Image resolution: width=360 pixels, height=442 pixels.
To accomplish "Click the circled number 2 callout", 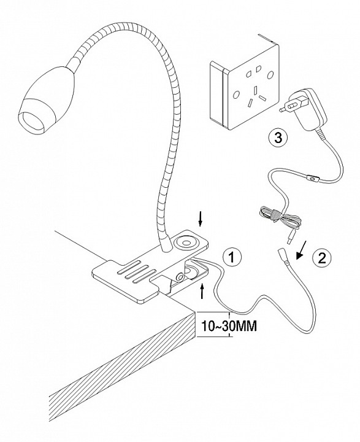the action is click(322, 258).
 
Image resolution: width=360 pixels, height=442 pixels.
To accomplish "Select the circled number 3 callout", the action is click(278, 138).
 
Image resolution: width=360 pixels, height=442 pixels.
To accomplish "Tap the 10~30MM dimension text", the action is click(229, 326).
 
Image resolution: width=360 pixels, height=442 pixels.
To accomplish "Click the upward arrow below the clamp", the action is click(202, 291).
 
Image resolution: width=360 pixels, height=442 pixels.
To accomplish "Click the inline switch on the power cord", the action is click(312, 178).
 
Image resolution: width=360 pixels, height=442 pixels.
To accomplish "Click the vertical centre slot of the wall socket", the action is click(256, 90).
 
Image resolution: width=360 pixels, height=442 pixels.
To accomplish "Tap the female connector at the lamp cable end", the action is click(283, 257).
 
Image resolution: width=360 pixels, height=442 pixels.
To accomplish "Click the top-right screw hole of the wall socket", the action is click(270, 75).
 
